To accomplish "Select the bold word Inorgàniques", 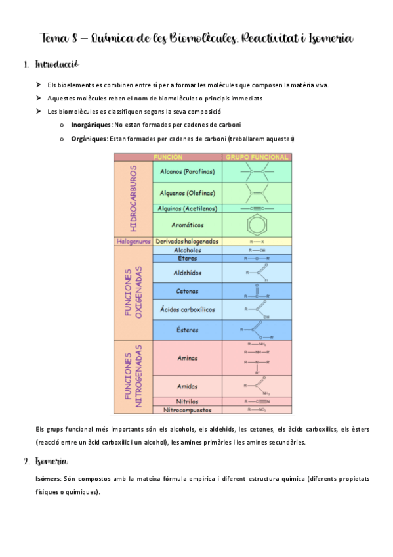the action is point(91,125).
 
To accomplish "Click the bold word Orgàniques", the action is point(89,139).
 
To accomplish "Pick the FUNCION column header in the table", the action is point(168,158).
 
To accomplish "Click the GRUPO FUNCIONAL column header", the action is point(257,158).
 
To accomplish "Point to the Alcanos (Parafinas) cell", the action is point(188,172).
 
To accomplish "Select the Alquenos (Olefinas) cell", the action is point(188,193).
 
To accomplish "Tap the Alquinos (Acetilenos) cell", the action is point(188,208).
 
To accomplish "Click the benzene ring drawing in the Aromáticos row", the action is point(257,225).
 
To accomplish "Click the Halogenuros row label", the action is point(133,241).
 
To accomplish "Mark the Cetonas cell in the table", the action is point(188,292).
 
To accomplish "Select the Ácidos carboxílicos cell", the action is point(188,309).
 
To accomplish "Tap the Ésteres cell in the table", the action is point(188,330).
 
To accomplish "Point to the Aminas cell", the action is point(188,359).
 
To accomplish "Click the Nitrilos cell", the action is point(188,401).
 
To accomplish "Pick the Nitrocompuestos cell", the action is point(188,410).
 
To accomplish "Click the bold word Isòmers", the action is point(49,479).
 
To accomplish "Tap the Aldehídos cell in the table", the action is point(188,273).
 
